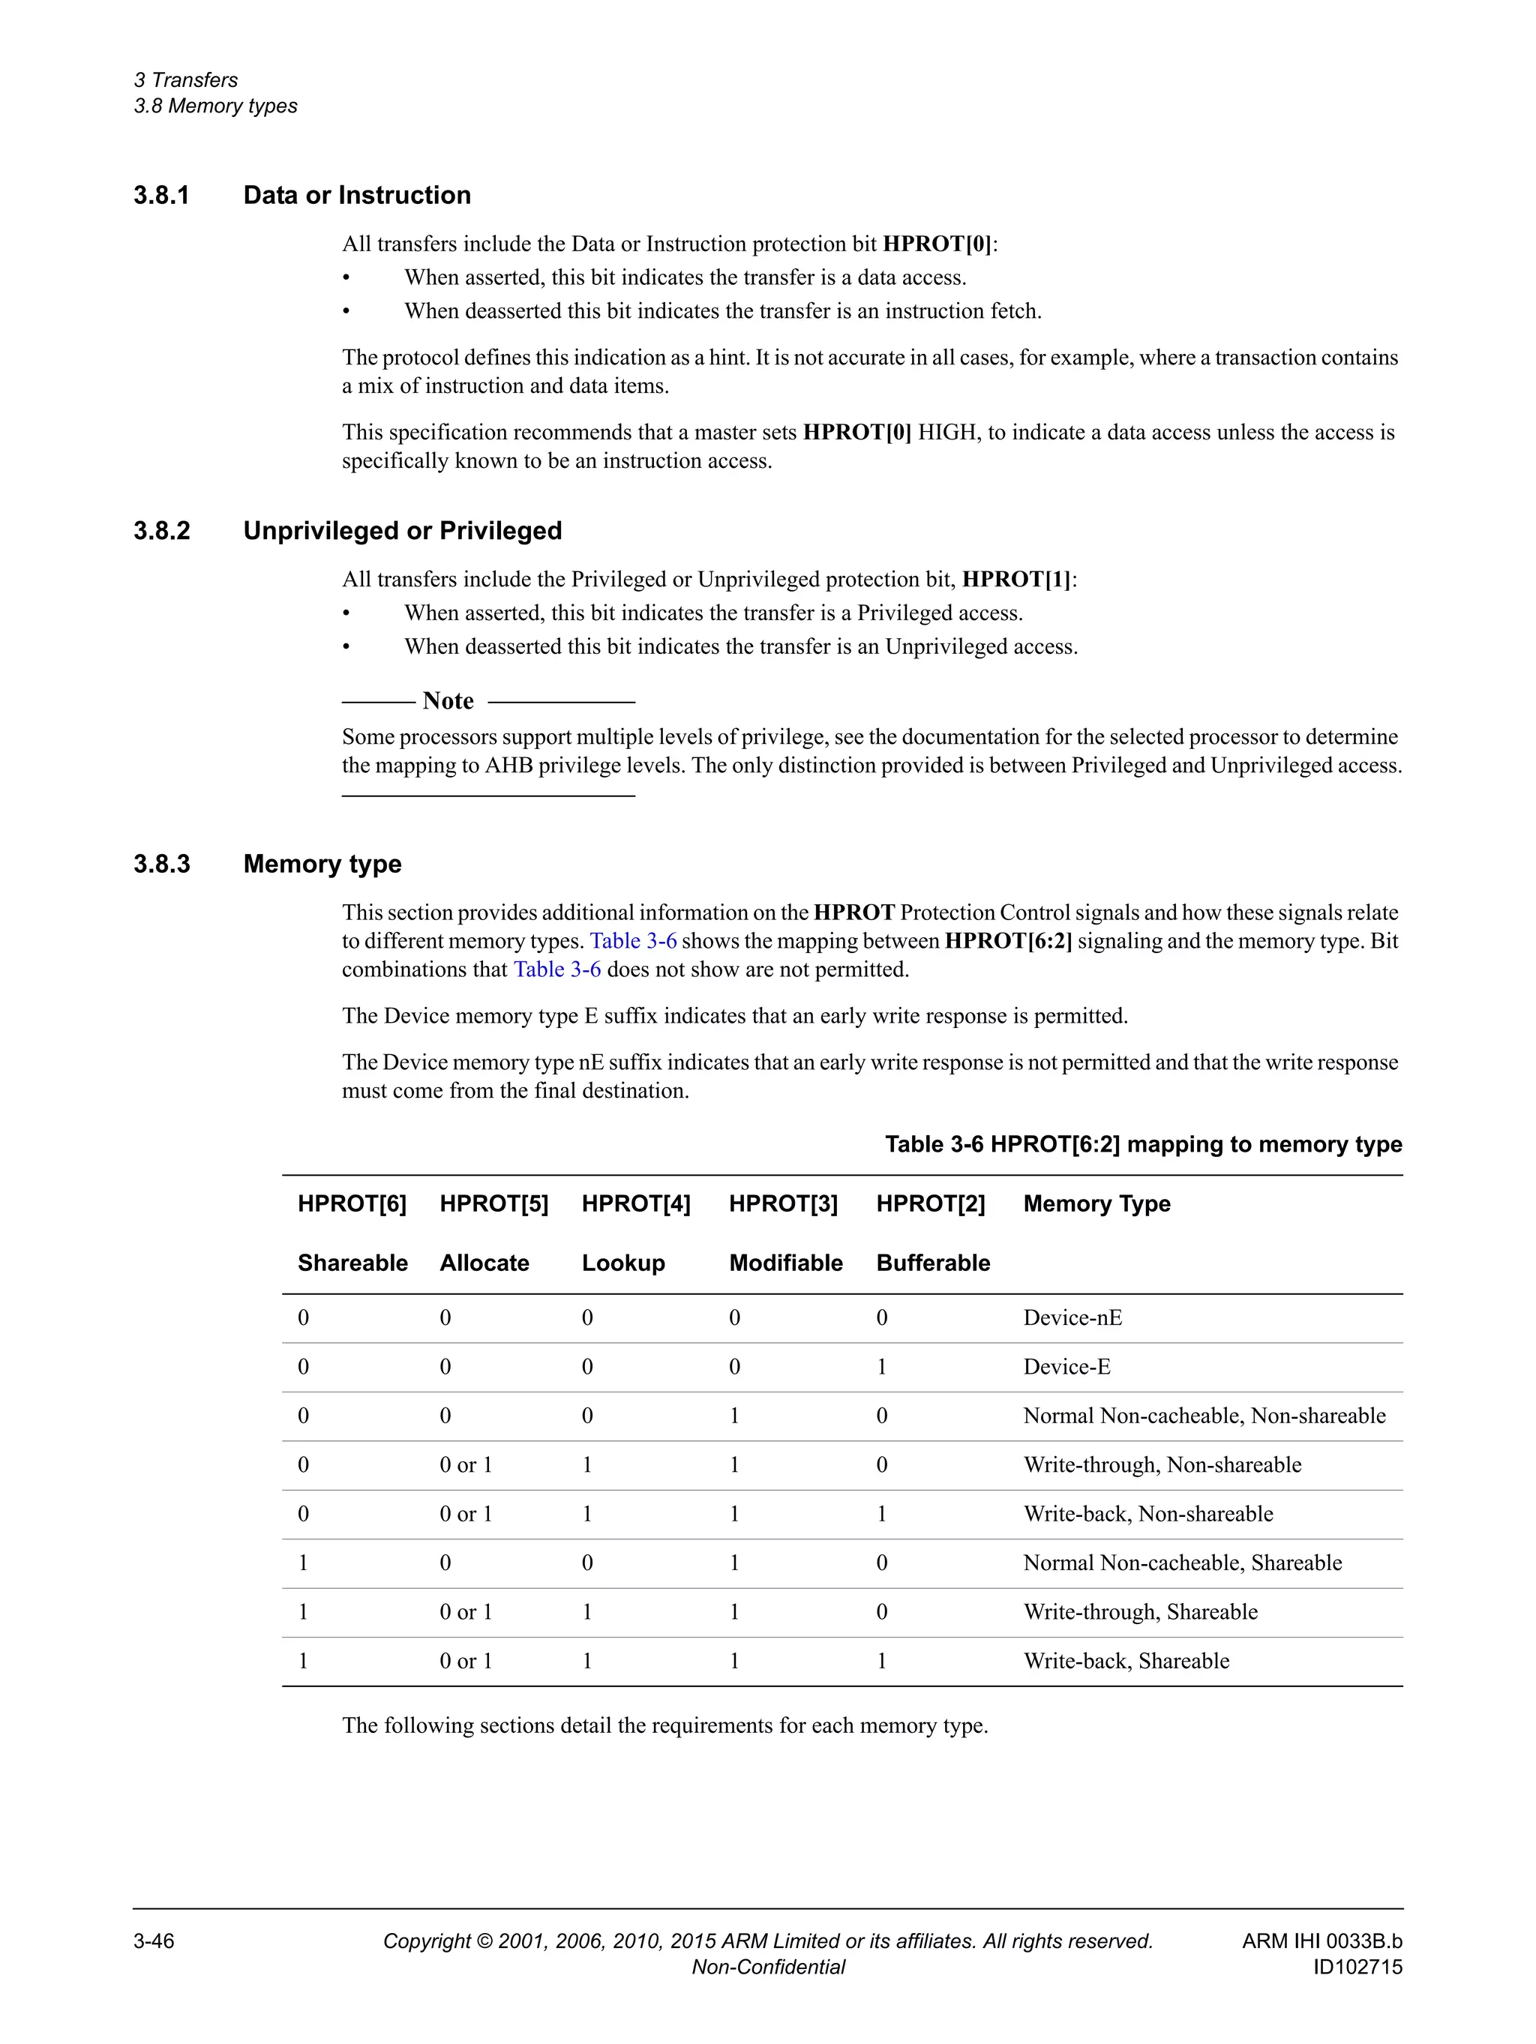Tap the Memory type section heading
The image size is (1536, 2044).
click(322, 864)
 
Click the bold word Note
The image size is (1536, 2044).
click(448, 700)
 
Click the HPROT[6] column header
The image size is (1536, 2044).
click(351, 1203)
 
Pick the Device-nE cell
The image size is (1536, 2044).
click(1072, 1317)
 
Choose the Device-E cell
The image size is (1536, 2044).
click(1066, 1367)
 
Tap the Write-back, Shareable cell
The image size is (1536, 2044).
click(1126, 1661)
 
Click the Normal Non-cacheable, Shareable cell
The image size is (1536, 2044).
click(1182, 1563)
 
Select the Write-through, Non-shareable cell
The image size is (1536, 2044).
click(1162, 1464)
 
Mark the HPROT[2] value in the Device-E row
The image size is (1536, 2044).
click(882, 1367)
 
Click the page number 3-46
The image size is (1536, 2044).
click(154, 1941)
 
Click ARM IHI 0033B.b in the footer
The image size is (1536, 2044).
click(1321, 1941)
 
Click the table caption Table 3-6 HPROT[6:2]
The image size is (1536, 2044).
click(1143, 1144)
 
